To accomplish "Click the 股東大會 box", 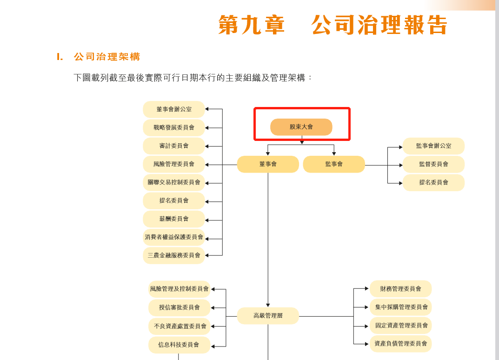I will click(301, 127).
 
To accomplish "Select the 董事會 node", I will click(268, 164).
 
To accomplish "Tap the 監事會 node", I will click(334, 164).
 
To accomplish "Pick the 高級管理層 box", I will click(268, 316).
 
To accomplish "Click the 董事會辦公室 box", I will click(174, 109).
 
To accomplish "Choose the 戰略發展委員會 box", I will click(174, 127).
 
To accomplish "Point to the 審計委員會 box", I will click(174, 146).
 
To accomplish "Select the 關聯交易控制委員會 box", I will click(174, 182).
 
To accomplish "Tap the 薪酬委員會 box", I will click(174, 219).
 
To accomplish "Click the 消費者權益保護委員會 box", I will click(174, 237).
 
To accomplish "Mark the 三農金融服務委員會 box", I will click(174, 255).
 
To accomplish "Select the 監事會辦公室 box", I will click(433, 146).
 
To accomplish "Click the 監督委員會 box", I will click(433, 164).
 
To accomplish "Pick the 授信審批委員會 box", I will click(180, 307).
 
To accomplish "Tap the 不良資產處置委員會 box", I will click(180, 326).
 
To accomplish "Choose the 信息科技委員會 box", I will click(180, 345).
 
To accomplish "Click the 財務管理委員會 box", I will click(400, 289).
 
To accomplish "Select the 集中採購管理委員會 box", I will click(400, 307).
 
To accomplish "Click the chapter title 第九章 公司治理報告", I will click(333, 25).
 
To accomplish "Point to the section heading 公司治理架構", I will click(107, 57).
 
